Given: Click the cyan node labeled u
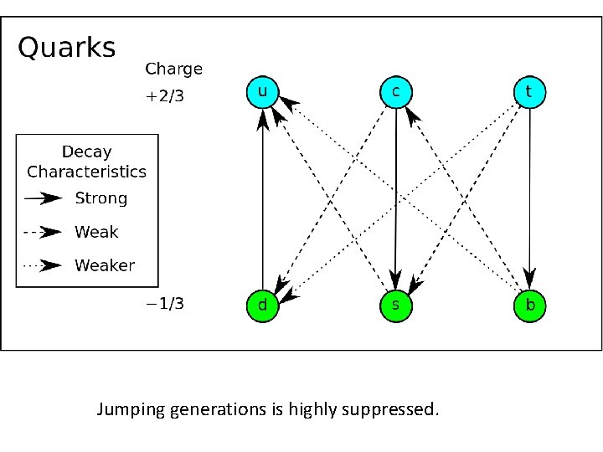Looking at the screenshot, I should pos(262,92).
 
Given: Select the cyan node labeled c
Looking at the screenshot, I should pos(396,92).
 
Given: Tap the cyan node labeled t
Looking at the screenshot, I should pos(529,92).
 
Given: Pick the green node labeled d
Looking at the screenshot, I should pos(262,306).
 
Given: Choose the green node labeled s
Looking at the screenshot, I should pos(396,306).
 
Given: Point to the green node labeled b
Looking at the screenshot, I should pos(529,306).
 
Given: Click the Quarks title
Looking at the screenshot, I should pos(67,48).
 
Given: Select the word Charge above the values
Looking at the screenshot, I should pos(173,69).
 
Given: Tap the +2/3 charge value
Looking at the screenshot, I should pos(164,96).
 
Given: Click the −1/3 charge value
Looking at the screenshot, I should pos(165,304).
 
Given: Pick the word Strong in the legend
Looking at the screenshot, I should pos(101,198).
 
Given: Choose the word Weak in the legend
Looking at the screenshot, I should pos(96,232).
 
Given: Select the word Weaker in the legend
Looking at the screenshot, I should pos(105,265).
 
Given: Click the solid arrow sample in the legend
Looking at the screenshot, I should pos(44,198).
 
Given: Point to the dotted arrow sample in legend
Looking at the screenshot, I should pos(44,265).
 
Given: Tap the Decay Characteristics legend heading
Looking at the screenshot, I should pos(86,162).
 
